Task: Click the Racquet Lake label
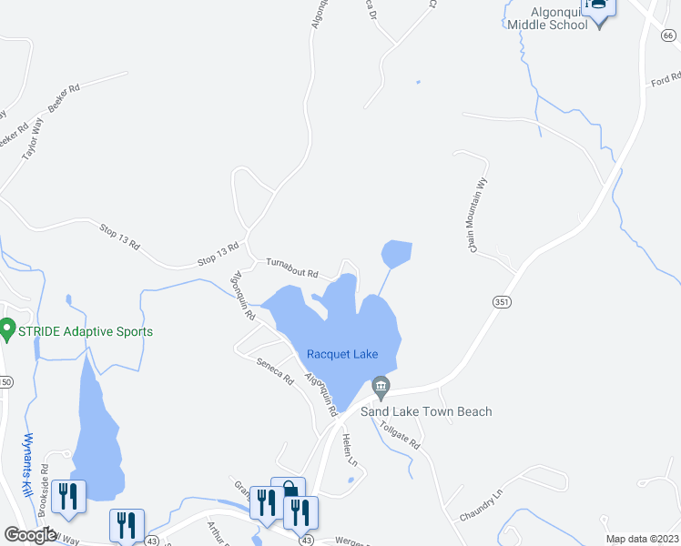pyautogui.click(x=341, y=354)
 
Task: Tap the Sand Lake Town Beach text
pyautogui.click(x=426, y=411)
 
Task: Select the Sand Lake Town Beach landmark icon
pyautogui.click(x=381, y=389)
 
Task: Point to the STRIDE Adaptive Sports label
pyautogui.click(x=85, y=331)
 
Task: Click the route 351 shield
pyautogui.click(x=501, y=301)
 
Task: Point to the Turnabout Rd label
pyautogui.click(x=291, y=268)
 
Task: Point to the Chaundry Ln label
pyautogui.click(x=481, y=506)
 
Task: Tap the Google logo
pyautogui.click(x=31, y=535)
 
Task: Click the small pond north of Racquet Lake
pyautogui.click(x=397, y=253)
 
